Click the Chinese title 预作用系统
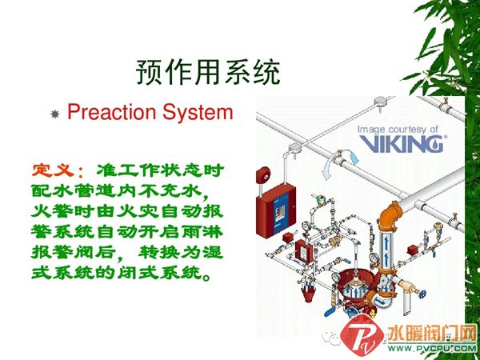click(208, 73)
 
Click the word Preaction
click(112, 112)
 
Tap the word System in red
click(198, 112)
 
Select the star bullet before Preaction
click(54, 114)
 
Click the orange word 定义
click(53, 170)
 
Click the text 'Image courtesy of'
click(398, 130)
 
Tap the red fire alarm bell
click(263, 174)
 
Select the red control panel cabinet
click(275, 210)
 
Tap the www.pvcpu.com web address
click(432, 348)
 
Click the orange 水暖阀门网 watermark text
click(432, 333)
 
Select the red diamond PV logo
click(362, 338)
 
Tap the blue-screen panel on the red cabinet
click(281, 210)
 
